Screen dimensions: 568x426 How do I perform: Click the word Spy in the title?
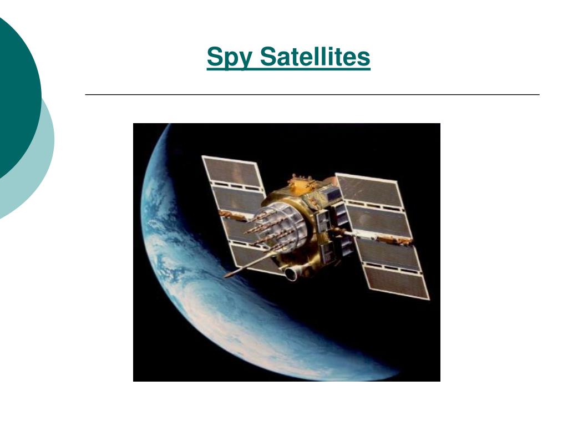tap(229, 57)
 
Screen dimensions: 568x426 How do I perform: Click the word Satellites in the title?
tap(315, 56)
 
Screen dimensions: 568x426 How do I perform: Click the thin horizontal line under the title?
tap(312, 94)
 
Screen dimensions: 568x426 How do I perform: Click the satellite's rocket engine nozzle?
tap(290, 274)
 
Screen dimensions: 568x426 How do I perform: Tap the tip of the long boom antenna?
tap(226, 276)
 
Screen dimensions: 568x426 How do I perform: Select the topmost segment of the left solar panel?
tap(232, 171)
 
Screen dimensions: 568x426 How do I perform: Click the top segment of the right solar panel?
tap(369, 191)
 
